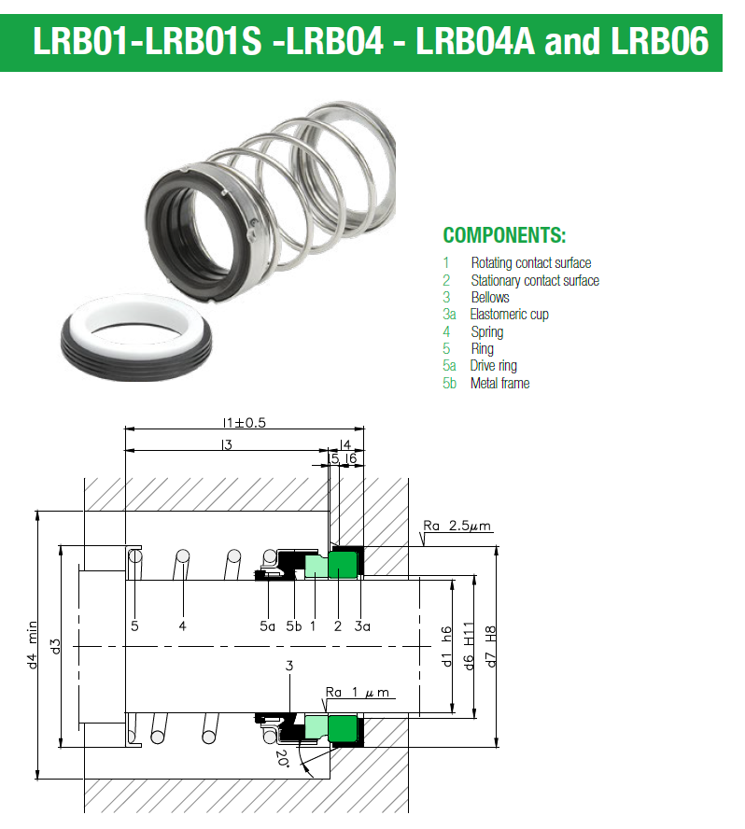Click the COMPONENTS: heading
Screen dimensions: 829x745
click(504, 235)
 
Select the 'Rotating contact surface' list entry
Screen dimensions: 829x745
click(530, 263)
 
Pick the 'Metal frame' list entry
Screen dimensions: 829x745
click(499, 383)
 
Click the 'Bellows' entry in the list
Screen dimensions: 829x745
click(490, 298)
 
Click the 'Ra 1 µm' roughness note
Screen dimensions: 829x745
click(358, 694)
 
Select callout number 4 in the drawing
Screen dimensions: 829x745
click(183, 626)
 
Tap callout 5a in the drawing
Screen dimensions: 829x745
click(267, 626)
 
